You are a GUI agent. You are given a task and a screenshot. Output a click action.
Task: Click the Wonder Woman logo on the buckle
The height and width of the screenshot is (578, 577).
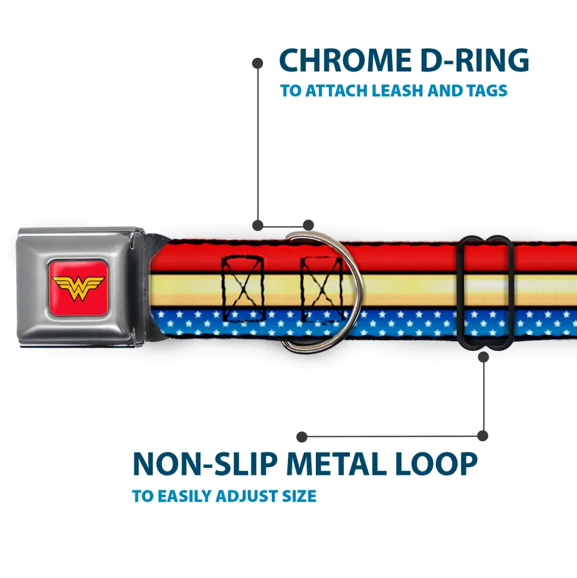(78, 288)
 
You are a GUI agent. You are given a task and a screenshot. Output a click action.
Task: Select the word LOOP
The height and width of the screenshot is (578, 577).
(437, 464)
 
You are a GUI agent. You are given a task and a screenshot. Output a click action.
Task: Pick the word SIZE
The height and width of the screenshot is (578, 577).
(299, 496)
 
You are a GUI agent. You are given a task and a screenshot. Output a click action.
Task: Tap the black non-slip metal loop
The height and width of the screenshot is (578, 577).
(486, 292)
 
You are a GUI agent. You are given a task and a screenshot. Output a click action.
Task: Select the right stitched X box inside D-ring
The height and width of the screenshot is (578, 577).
(320, 289)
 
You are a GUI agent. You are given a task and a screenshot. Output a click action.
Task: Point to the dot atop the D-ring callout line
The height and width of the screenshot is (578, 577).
(258, 62)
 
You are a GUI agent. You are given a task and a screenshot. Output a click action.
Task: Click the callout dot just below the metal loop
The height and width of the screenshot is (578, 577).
(483, 357)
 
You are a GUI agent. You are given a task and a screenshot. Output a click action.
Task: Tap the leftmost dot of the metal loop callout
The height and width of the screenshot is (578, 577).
(302, 437)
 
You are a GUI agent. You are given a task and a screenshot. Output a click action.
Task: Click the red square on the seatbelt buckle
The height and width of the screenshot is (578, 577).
(78, 288)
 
